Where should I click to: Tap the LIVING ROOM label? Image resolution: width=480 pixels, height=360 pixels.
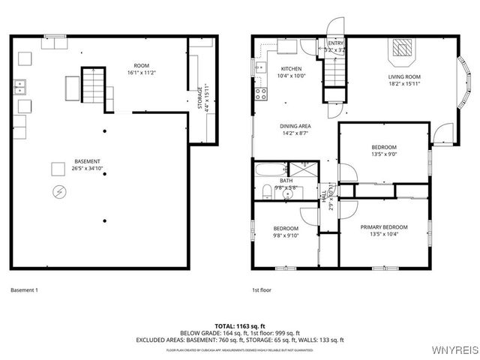[403, 76]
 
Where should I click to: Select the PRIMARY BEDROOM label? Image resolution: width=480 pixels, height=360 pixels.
[383, 226]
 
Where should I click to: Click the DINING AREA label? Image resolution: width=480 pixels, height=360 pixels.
[295, 126]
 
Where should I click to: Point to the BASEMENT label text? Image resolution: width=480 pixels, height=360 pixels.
[87, 161]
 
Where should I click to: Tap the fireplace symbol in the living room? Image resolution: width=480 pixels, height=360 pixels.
[403, 47]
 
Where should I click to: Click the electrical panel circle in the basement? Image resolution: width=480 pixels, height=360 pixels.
[58, 192]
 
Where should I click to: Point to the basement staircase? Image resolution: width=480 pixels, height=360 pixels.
[92, 83]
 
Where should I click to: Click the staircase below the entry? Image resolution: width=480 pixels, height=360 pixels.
[334, 74]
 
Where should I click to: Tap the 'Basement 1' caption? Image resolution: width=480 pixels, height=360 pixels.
[24, 290]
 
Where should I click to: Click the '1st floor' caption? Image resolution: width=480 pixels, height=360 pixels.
[261, 290]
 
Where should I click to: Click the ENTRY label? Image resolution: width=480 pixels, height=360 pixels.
[336, 43]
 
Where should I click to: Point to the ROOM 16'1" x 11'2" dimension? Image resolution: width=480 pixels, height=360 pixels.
[141, 73]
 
